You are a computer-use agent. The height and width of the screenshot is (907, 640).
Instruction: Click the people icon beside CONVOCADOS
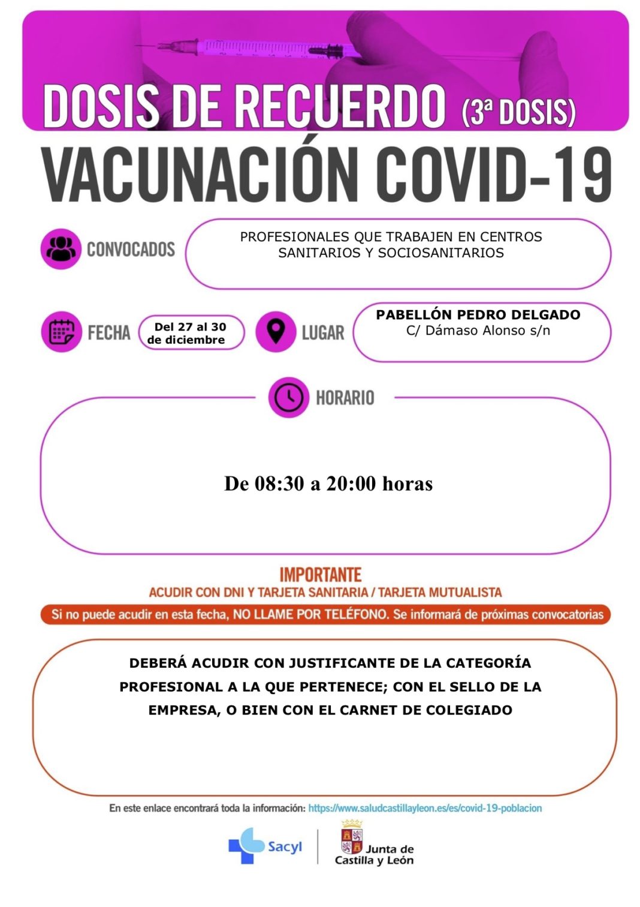coord(61,249)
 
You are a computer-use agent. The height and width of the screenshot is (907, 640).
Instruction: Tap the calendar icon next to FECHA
coord(61,332)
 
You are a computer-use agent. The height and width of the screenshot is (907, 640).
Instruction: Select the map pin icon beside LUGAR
coord(276,331)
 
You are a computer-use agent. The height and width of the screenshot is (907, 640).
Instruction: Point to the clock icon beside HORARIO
coord(289,397)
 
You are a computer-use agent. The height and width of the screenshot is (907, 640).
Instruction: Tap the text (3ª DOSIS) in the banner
coord(518,112)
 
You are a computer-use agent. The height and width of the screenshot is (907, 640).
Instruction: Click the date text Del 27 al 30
coord(191,327)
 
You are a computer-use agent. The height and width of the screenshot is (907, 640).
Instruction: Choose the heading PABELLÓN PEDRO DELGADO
coord(478,315)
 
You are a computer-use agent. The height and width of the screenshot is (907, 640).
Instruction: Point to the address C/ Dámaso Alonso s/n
coord(478,331)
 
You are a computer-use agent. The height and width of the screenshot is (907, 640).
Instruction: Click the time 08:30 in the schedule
coord(279,483)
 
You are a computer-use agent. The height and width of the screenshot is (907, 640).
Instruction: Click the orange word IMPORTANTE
coord(321,575)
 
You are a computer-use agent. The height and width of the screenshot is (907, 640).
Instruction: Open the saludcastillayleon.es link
coord(425,808)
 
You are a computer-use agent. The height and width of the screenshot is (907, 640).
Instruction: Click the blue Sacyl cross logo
coord(246,846)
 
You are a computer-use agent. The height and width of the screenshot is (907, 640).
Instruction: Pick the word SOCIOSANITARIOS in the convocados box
coord(441,253)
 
